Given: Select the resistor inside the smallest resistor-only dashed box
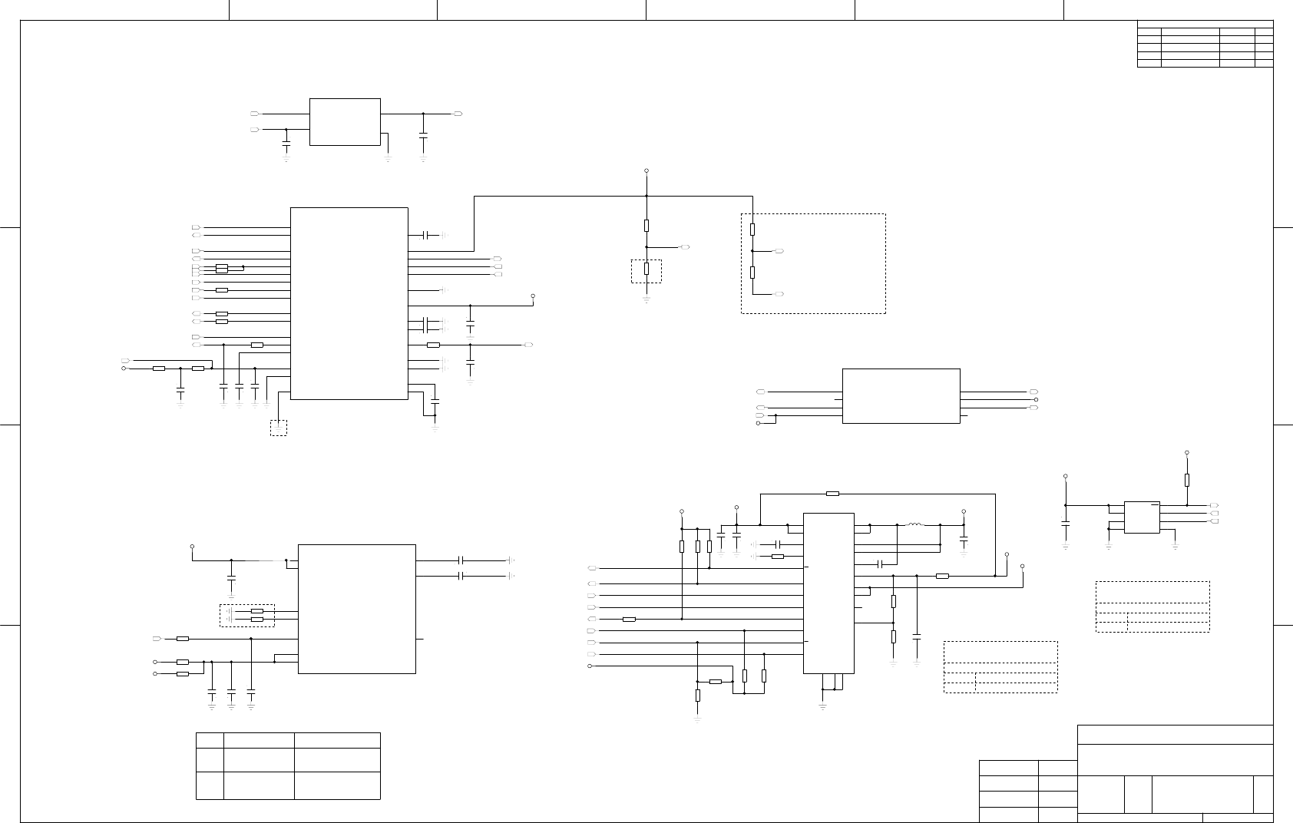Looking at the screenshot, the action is point(646,269).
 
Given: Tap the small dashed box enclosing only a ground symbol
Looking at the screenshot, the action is point(278,428).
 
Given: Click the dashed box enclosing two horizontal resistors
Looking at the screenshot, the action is point(247,615).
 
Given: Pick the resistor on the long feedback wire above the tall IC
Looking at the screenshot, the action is point(832,494).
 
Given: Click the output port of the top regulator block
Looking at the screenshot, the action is point(458,114).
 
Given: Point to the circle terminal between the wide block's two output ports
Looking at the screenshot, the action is point(1037,399).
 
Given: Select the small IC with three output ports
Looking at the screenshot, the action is point(1142,517).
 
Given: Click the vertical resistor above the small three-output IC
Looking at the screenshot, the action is point(1187,480).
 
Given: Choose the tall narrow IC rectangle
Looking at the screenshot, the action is point(828,593).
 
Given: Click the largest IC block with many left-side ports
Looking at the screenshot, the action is point(349,303).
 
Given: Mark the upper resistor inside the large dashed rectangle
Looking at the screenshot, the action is point(752,229).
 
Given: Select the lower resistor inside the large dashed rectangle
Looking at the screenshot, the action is point(752,273).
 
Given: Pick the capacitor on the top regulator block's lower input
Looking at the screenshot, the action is point(286,143).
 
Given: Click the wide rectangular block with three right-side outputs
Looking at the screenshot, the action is point(901,395).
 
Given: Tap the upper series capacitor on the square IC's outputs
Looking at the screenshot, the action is point(462,560).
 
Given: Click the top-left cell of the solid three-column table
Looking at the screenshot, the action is point(209,740).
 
